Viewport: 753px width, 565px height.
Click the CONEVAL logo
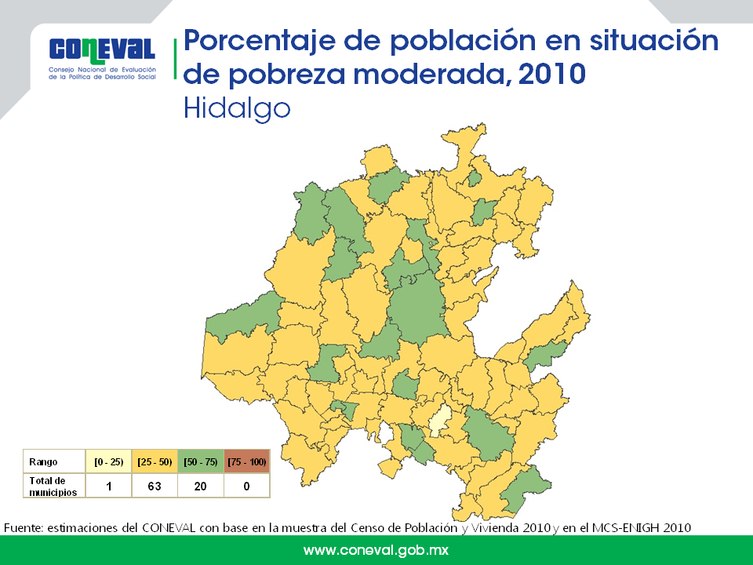[102, 57]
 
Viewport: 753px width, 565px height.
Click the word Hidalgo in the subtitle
[237, 109]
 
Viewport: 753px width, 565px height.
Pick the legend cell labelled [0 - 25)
[108, 461]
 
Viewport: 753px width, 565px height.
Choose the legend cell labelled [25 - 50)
[155, 461]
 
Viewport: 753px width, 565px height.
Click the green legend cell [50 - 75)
[201, 461]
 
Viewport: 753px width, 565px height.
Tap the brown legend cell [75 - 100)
[247, 461]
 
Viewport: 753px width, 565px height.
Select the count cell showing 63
[155, 487]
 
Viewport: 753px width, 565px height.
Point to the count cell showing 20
[201, 487]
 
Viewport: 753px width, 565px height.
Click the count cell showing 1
[108, 487]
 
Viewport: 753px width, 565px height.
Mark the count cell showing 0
[247, 487]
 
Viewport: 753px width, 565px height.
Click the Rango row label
[43, 462]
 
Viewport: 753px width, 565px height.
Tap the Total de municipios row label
[53, 487]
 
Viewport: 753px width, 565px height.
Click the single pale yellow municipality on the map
[440, 421]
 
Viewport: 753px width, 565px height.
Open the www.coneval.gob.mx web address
[376, 550]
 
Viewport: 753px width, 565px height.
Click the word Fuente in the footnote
[24, 528]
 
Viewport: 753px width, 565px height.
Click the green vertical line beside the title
[175, 59]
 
